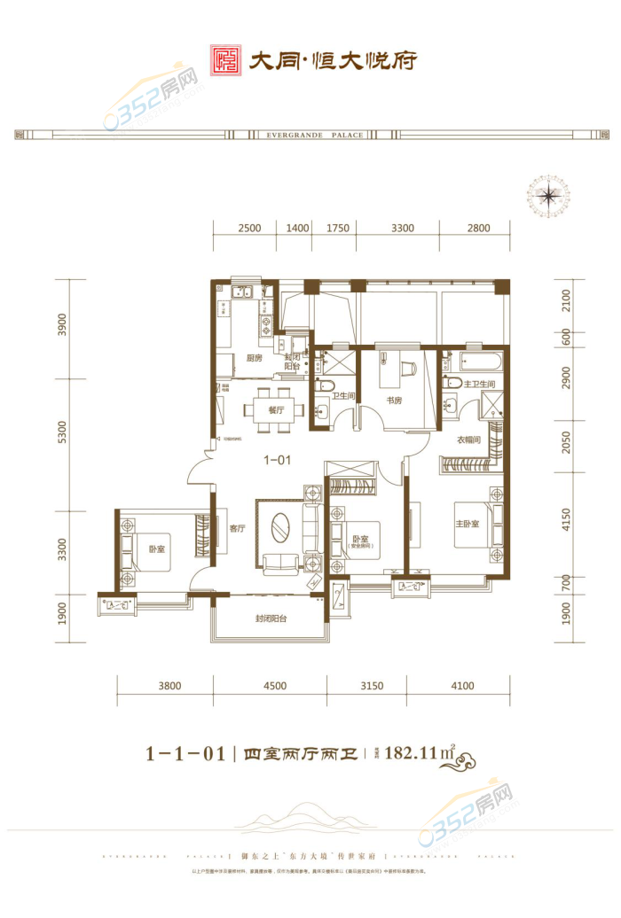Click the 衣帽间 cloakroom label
pyautogui.click(x=468, y=440)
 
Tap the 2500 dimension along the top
pyautogui.click(x=249, y=228)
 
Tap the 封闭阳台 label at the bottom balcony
pyautogui.click(x=271, y=618)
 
